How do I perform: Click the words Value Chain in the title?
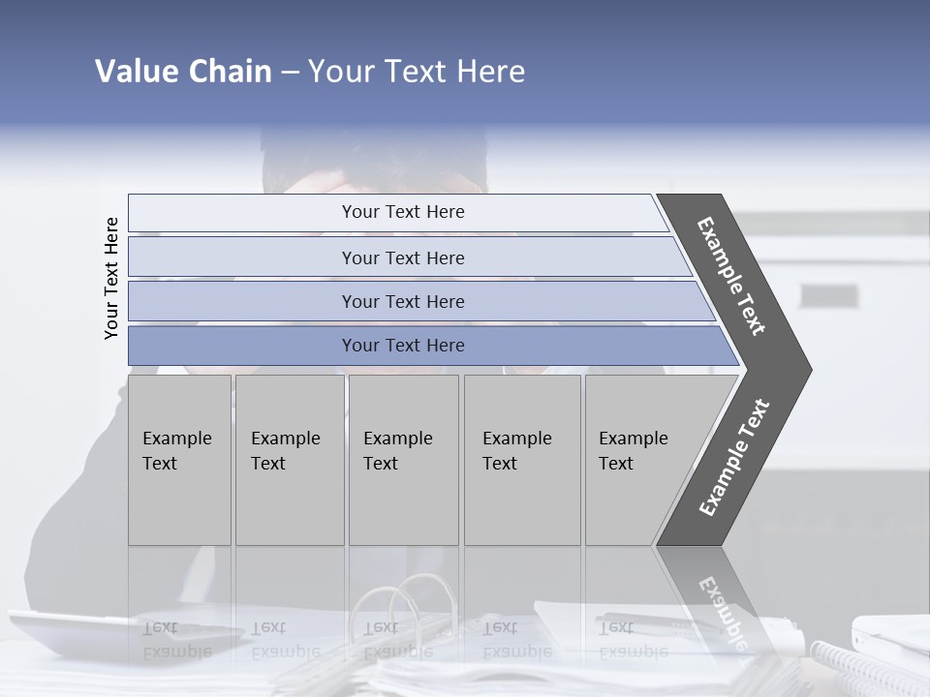(183, 72)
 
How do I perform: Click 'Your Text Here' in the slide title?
(417, 72)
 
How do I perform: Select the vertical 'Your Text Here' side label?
(111, 279)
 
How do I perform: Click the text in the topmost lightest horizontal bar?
(403, 212)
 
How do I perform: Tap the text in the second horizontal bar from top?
(403, 258)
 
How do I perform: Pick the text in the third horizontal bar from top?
(403, 302)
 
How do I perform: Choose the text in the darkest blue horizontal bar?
(403, 346)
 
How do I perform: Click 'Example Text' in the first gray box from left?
(176, 451)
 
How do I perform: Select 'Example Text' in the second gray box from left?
(285, 451)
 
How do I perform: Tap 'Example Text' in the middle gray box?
(397, 451)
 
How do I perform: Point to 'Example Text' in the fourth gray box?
(516, 451)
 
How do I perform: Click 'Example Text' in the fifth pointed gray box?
(633, 451)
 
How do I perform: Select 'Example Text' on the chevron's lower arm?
(734, 458)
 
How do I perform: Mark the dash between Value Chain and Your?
(290, 73)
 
